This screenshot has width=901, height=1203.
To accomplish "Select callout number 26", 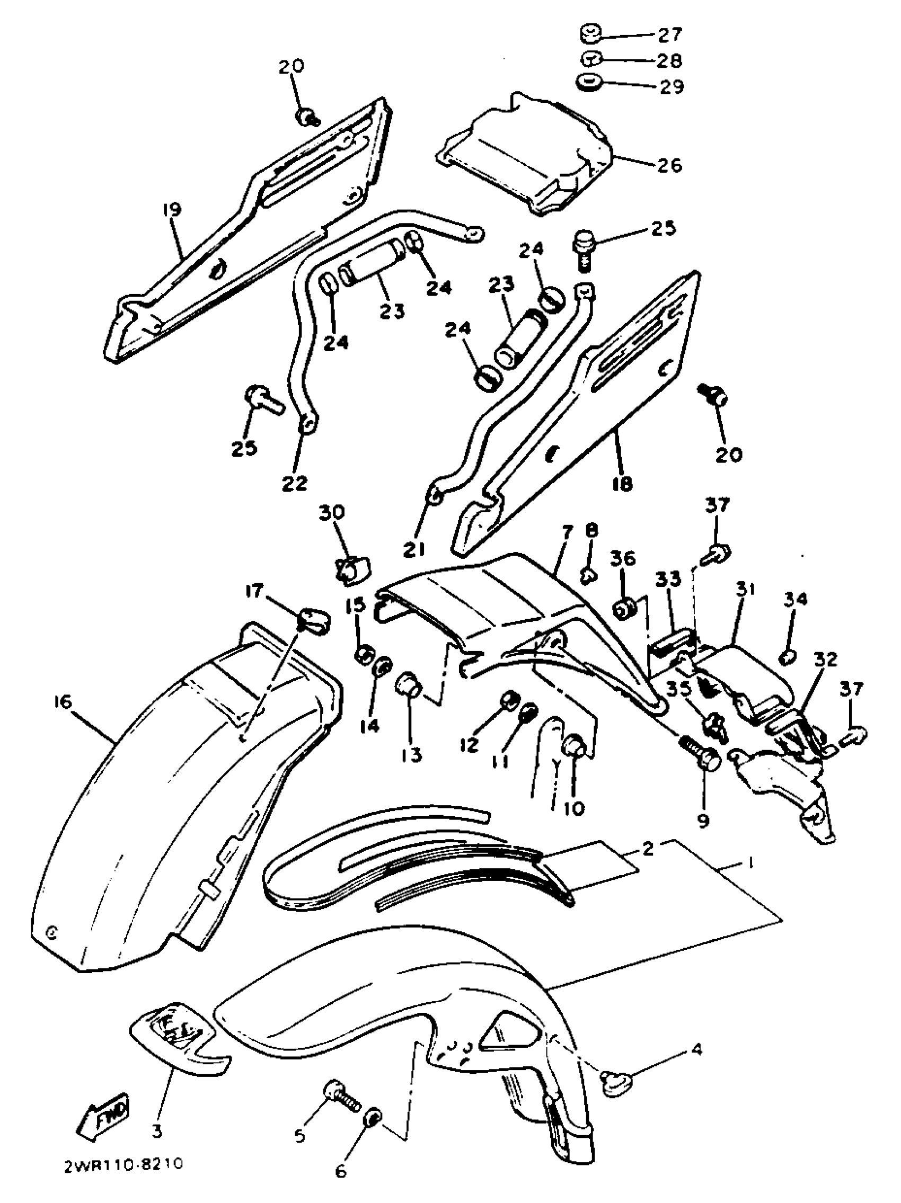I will tap(669, 164).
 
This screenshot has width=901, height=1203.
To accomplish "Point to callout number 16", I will tap(63, 702).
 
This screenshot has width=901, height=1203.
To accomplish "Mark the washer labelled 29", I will tap(588, 84).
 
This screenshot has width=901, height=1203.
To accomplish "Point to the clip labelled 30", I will tap(352, 571).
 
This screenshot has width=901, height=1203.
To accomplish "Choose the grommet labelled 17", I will tap(313, 621).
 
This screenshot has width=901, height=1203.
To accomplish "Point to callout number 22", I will tap(294, 483).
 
